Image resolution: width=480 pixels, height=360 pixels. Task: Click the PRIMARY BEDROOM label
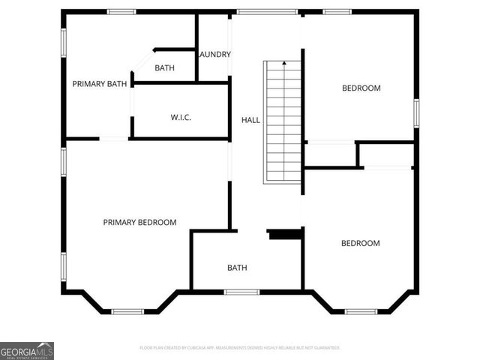coord(139,222)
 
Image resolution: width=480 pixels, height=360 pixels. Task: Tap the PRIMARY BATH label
coord(99,84)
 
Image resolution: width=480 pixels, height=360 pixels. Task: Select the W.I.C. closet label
coord(181,117)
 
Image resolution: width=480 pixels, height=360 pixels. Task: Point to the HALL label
coord(250,120)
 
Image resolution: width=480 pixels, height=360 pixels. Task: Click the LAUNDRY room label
coord(215,54)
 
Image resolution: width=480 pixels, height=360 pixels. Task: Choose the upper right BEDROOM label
coord(361,88)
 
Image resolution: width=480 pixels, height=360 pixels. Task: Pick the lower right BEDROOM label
coord(360,243)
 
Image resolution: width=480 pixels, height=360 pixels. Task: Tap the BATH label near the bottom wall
coord(237,268)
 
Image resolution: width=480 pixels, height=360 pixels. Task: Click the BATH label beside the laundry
coord(164,68)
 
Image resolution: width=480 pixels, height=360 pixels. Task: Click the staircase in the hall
coord(283,124)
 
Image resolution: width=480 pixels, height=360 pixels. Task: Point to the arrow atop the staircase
coord(283,64)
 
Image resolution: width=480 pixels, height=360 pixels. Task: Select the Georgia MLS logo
coord(27,350)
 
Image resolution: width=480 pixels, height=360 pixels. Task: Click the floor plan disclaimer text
coord(240,348)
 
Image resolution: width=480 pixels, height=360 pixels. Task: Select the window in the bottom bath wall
coord(241,292)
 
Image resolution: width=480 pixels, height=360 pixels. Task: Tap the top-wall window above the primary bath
coord(121,12)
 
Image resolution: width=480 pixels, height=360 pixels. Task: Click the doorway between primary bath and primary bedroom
coord(114,138)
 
